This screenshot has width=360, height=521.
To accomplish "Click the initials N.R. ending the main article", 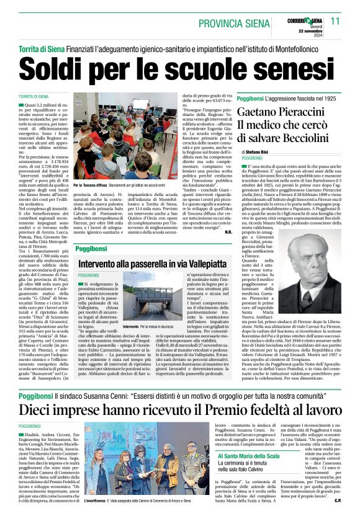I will (x=228, y=232).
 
